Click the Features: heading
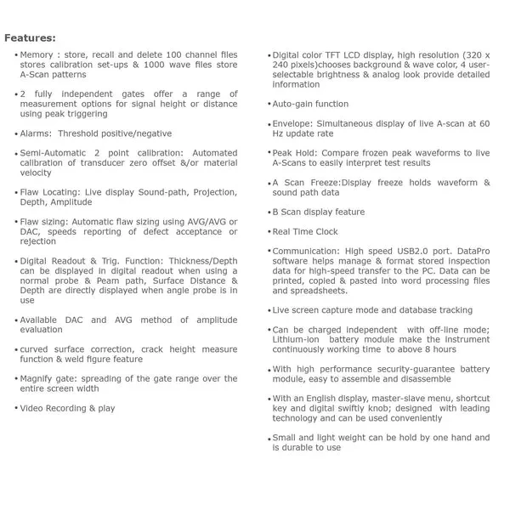click(31, 38)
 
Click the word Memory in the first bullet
click(39, 55)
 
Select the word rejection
click(39, 241)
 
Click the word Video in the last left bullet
click(33, 408)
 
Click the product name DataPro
click(471, 252)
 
